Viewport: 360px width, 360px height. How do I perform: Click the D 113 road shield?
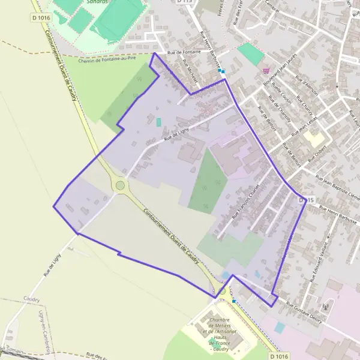click(186, 2)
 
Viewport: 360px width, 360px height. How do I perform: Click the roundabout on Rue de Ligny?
click(120, 185)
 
